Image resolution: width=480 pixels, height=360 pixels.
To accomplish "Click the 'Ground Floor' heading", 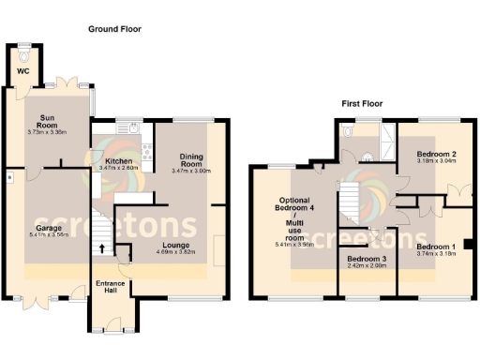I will point(115,29).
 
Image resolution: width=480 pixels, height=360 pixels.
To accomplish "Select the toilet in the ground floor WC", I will point(22,51).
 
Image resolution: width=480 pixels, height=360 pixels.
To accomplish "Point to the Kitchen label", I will point(118,161).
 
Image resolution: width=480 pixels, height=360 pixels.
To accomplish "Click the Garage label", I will point(46,228).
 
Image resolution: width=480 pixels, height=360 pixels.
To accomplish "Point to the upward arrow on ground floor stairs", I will point(103,248).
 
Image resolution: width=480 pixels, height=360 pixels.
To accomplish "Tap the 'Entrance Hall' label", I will point(112,287).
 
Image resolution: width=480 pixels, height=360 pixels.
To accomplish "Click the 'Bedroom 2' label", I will point(436,154).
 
